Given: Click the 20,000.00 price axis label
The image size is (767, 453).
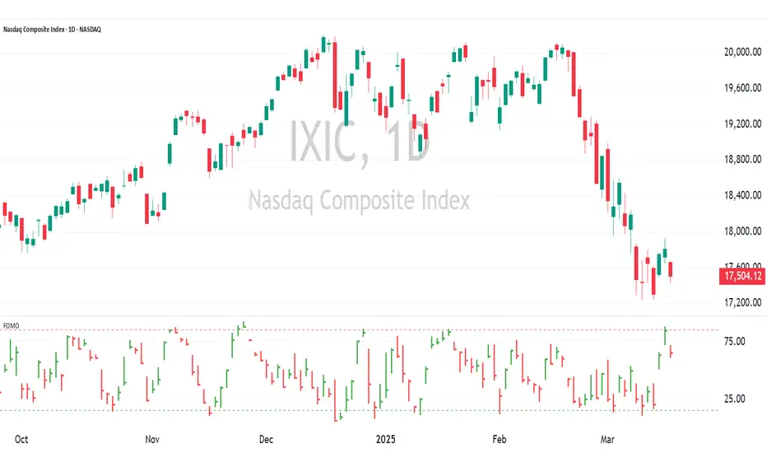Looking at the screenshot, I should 735,52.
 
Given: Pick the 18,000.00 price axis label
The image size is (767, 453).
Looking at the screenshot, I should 735,231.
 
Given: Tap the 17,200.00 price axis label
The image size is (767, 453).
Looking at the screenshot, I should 735,303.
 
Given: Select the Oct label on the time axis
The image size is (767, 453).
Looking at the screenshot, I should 21,439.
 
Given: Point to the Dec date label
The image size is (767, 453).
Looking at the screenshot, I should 267,439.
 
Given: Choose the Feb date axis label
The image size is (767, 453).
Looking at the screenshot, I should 500,439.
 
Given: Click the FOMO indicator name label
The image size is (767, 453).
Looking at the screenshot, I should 12,325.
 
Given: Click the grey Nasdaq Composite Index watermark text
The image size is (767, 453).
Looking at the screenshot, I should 359,200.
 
